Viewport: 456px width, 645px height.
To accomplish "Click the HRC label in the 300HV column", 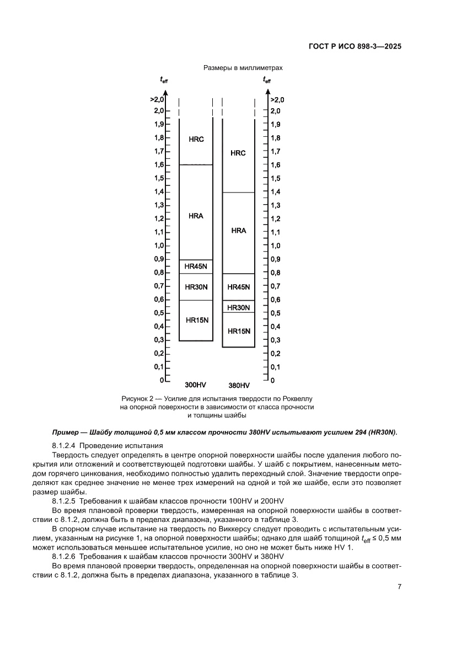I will click(x=196, y=140).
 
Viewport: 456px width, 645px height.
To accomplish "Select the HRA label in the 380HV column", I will click(x=238, y=231).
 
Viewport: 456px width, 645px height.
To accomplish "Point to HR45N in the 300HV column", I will click(x=196, y=266).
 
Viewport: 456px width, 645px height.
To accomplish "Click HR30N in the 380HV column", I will click(x=238, y=307).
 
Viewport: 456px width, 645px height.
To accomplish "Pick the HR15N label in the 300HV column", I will click(x=196, y=320).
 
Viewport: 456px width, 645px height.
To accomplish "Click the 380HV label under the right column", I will click(x=239, y=385).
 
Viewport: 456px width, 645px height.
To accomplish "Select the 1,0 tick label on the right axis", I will click(x=275, y=246).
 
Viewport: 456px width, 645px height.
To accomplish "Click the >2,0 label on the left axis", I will click(x=157, y=100).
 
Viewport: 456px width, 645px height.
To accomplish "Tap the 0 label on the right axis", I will click(x=272, y=381).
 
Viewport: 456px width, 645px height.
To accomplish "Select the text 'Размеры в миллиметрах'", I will click(x=243, y=68).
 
